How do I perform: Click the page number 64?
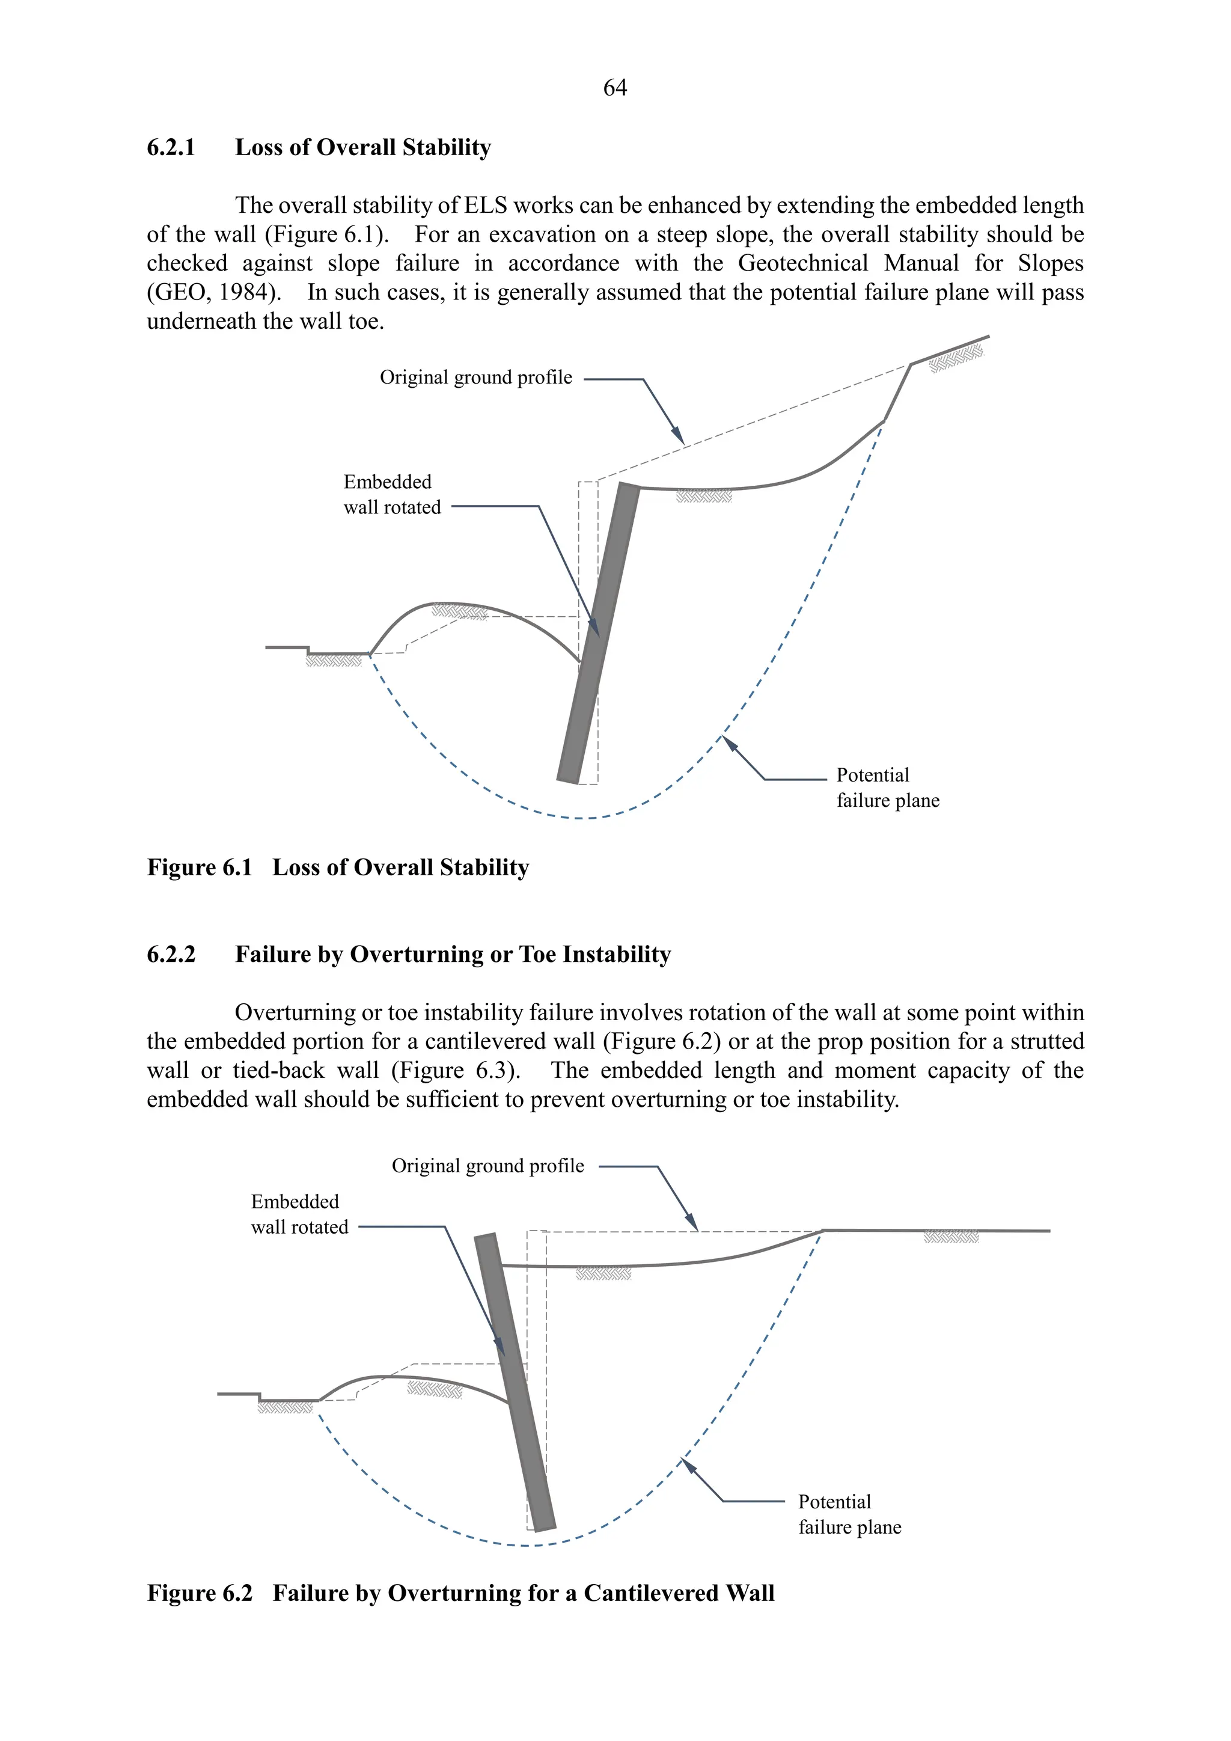point(615,88)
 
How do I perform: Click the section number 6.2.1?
point(171,147)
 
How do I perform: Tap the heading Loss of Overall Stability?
point(362,147)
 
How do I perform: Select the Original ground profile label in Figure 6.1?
point(475,378)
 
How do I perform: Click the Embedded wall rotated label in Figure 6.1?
point(391,494)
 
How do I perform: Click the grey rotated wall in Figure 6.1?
point(599,633)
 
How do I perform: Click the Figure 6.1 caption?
point(337,867)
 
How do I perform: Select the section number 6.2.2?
point(171,954)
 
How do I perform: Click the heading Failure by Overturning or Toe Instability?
point(453,954)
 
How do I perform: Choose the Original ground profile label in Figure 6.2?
point(487,1166)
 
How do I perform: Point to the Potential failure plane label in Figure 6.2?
point(849,1514)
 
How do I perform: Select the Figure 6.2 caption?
point(460,1593)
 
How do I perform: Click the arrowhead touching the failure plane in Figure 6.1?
point(730,742)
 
